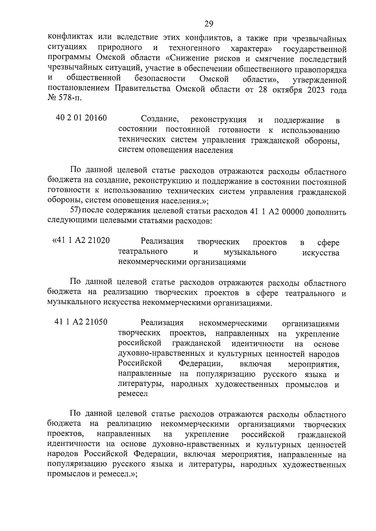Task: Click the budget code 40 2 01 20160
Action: tap(81, 118)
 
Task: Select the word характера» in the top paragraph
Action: tap(251, 49)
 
